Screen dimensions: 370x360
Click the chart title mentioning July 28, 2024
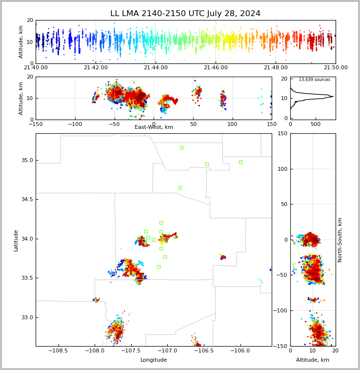(185, 14)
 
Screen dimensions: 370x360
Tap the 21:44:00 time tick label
(156, 68)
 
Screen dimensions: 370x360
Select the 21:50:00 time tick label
(336, 68)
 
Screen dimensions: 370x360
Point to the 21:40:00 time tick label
(36, 68)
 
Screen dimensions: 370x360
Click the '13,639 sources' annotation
(314, 80)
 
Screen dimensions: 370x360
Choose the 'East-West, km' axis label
(154, 127)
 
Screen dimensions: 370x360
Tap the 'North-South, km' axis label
(340, 240)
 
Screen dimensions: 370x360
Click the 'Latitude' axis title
(16, 240)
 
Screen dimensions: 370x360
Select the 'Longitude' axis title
(154, 360)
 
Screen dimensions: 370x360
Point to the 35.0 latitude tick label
(26, 160)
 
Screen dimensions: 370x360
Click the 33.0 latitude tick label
(26, 317)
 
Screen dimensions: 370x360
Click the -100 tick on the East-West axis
(75, 124)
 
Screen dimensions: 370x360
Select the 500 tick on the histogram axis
(315, 124)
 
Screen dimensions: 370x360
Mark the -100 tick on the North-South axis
(280, 310)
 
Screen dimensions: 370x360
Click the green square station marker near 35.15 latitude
(181, 147)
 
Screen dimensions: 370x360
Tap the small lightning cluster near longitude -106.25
(223, 257)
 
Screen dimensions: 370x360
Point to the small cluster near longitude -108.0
(97, 300)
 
